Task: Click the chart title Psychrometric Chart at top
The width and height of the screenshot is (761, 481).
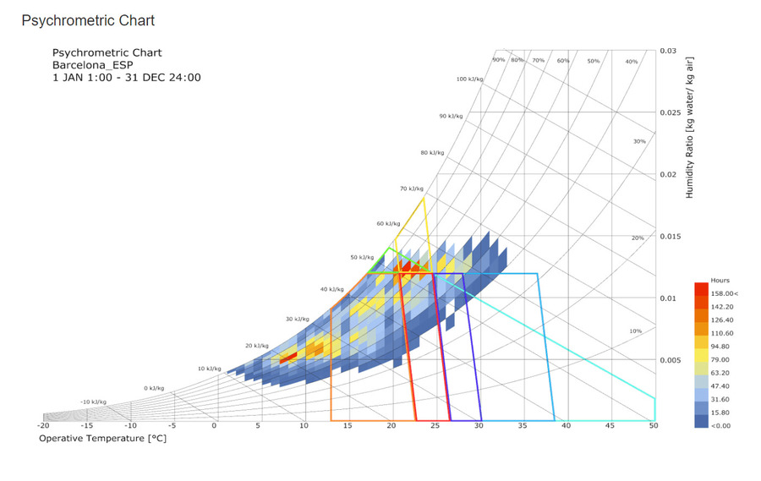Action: point(88,20)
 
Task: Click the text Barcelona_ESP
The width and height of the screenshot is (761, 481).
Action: point(92,65)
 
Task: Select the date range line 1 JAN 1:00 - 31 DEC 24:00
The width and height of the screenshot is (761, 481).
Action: point(127,78)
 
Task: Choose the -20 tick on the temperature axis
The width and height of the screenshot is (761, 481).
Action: point(44,426)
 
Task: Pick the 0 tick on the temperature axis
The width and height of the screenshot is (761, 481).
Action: point(215,426)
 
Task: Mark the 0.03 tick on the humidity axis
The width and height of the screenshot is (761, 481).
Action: point(668,51)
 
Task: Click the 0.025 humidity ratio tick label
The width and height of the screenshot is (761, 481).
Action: point(671,112)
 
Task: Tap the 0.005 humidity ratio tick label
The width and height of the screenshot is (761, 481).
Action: point(671,360)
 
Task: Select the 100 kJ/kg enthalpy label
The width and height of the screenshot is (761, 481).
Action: point(470,79)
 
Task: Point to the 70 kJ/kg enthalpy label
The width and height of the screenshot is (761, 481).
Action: point(410,189)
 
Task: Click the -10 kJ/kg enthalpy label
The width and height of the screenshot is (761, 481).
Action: point(93,402)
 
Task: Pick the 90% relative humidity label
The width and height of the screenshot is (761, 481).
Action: point(499,60)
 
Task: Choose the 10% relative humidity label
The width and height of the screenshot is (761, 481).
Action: point(636,331)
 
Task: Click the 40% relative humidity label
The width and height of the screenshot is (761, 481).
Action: point(631,62)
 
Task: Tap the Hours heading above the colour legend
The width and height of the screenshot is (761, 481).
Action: point(720,280)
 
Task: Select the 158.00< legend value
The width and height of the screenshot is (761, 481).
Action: point(725,293)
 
